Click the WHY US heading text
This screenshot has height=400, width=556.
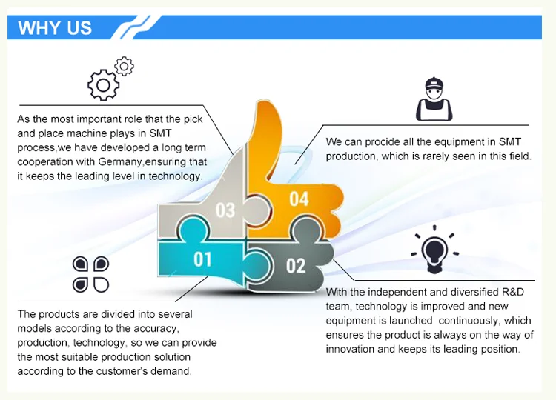coord(55,27)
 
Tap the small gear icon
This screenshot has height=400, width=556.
coord(124,66)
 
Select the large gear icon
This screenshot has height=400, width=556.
coord(103,85)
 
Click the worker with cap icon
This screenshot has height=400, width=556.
coord(434,99)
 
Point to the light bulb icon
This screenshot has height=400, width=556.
coord(434,250)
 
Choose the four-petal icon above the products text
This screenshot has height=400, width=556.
coord(90,274)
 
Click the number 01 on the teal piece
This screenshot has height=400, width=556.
coord(202,259)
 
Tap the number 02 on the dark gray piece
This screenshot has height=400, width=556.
coord(296,265)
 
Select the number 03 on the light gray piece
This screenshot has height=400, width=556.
coord(225,210)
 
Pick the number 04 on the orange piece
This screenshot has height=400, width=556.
coord(299,199)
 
